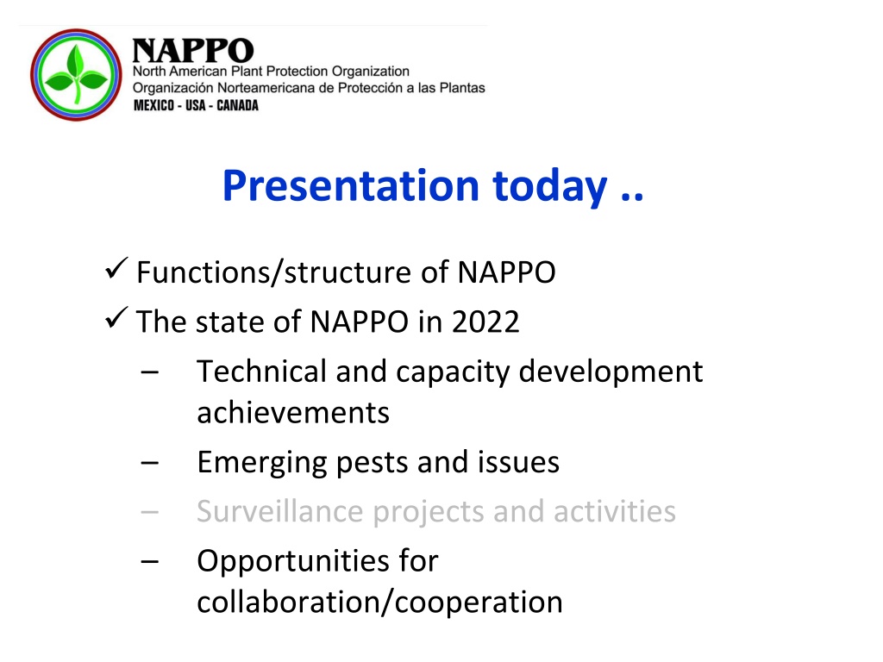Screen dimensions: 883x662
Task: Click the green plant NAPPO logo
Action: [76, 75]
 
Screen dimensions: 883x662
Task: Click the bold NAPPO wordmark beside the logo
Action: [193, 51]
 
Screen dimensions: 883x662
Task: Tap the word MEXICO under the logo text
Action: [153, 105]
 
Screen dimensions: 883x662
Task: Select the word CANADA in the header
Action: [238, 105]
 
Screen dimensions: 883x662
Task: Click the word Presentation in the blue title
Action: [351, 186]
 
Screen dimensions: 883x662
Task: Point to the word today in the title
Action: [550, 187]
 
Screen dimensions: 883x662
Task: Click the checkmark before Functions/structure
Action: [116, 269]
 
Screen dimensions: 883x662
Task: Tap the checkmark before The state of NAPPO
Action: [116, 318]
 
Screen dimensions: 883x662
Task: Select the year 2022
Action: [485, 322]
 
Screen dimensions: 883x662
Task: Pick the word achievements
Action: [293, 413]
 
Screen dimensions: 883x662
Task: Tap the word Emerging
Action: [262, 464]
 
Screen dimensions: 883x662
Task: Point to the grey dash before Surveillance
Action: [150, 512]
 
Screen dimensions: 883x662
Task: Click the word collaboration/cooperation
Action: [379, 603]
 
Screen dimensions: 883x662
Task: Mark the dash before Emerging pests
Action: [150, 463]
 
